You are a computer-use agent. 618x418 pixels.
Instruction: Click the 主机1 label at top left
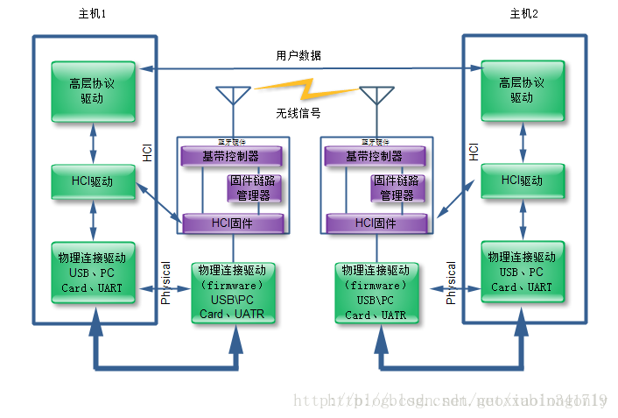[93, 13]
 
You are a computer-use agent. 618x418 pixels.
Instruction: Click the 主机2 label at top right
[523, 13]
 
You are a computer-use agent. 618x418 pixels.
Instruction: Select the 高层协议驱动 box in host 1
[93, 90]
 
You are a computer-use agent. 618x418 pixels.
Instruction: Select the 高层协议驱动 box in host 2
[523, 90]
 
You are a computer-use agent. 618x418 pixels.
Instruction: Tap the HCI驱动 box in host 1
[93, 181]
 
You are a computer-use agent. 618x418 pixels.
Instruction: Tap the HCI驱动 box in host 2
[523, 181]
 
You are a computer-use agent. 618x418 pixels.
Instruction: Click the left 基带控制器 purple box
[231, 156]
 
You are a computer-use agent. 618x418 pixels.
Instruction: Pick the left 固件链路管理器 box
[253, 188]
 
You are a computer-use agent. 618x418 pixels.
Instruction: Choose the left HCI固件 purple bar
[232, 223]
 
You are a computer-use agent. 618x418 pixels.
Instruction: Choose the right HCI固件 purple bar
[376, 223]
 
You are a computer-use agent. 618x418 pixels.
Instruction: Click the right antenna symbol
[376, 96]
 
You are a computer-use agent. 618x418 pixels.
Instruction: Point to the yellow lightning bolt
[306, 89]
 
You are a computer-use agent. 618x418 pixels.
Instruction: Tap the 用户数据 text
[298, 56]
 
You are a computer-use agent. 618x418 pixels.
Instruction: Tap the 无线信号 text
[298, 113]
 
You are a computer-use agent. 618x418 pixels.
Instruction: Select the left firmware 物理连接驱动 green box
[232, 292]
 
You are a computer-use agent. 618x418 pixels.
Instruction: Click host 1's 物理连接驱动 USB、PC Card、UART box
[93, 273]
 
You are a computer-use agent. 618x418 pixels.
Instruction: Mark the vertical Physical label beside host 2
[451, 282]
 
